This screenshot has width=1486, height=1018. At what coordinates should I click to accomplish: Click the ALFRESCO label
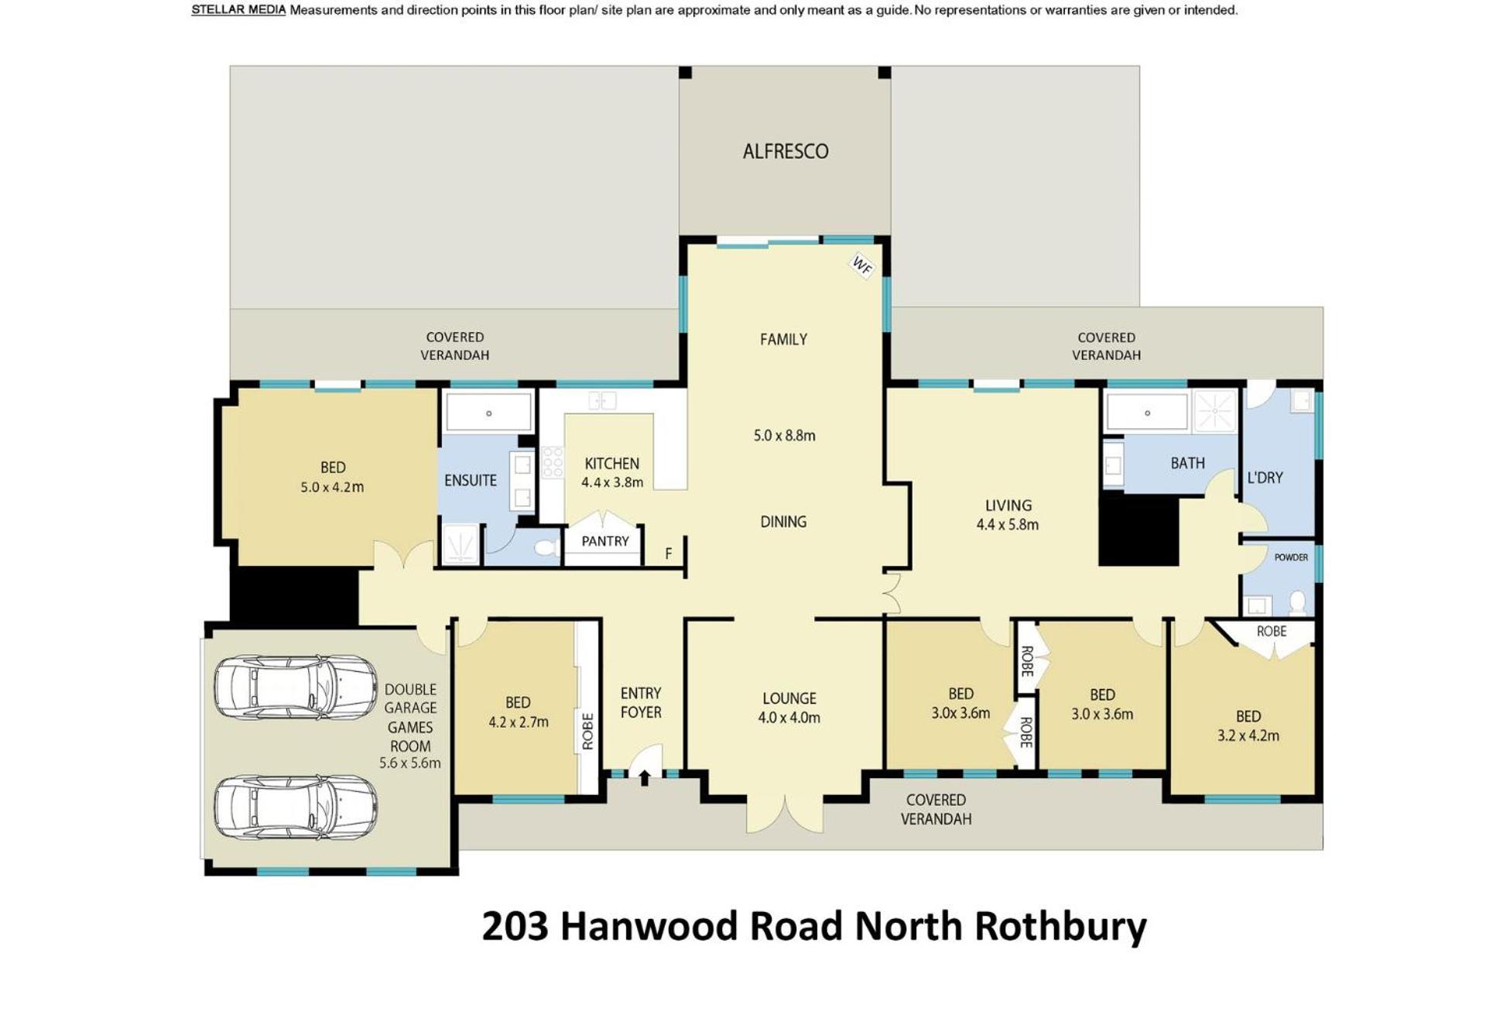click(786, 151)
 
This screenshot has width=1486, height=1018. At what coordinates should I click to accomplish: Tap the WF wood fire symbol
click(862, 266)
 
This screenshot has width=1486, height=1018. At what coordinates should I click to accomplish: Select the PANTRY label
click(605, 541)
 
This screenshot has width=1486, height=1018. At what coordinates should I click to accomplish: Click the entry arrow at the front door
click(645, 777)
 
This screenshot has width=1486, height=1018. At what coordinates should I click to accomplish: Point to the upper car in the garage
click(296, 687)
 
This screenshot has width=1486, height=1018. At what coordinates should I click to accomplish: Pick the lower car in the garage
click(296, 807)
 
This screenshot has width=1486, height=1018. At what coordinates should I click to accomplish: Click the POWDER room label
click(1291, 557)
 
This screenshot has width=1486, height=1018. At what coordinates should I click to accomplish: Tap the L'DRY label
click(1265, 478)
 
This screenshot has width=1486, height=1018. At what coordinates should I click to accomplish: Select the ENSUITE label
click(471, 480)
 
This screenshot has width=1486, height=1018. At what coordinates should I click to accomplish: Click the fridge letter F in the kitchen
click(669, 554)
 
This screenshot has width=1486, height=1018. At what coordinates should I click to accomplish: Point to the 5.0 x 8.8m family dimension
click(785, 435)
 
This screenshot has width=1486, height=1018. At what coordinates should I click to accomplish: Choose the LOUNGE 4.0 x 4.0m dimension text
click(789, 718)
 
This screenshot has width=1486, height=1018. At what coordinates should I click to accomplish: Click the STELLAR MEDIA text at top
click(238, 10)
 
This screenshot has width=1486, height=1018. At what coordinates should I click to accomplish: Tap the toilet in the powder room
click(1298, 602)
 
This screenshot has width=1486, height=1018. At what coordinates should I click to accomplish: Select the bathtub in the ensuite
click(489, 412)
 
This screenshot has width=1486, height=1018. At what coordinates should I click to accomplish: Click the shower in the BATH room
click(1215, 411)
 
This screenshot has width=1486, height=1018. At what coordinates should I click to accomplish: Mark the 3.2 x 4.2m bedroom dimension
click(1248, 735)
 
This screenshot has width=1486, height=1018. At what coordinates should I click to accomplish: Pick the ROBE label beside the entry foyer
click(587, 732)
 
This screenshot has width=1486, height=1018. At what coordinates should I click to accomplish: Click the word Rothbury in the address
click(1060, 926)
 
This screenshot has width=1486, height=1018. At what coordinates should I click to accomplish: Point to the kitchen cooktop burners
click(553, 462)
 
